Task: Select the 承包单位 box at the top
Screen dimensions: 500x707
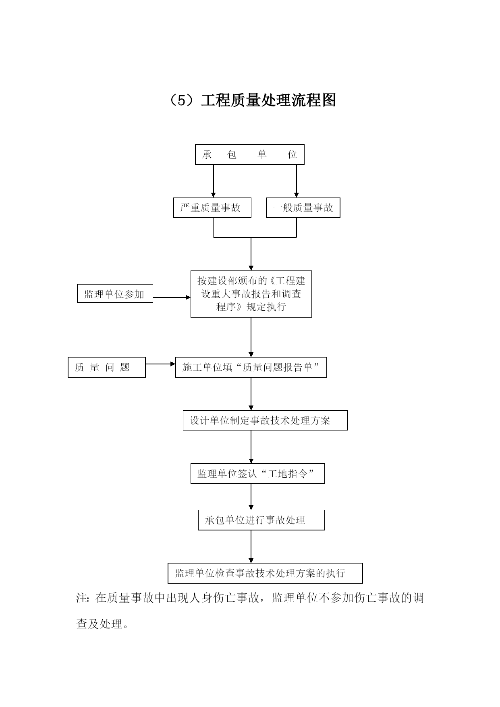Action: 250,155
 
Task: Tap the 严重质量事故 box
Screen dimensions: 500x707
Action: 212,208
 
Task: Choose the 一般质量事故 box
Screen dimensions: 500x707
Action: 303,208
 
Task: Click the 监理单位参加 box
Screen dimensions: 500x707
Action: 115,293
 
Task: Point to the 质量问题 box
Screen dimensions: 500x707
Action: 107,367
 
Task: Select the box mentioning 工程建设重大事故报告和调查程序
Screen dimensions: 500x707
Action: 251,294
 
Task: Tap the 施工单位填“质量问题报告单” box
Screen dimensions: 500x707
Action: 251,367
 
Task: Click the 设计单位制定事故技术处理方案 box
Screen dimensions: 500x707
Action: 265,420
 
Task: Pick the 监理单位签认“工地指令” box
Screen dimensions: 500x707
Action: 257,474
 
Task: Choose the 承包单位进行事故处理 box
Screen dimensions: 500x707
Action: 261,520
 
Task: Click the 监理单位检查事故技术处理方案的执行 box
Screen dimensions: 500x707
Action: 265,573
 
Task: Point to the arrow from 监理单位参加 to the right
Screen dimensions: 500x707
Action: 172,297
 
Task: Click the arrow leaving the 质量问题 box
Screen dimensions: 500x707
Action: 160,364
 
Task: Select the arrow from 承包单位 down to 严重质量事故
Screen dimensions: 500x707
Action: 214,181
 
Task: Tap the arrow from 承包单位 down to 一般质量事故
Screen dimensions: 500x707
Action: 297,181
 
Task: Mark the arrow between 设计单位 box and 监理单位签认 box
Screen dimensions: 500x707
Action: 251,447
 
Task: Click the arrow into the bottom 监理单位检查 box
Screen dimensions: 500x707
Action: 251,547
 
